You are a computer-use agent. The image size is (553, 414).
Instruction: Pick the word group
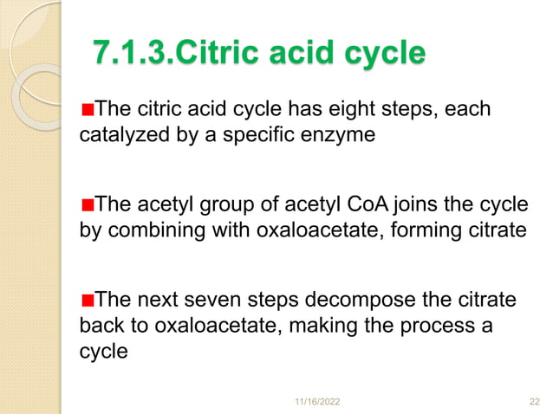click(213, 205)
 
